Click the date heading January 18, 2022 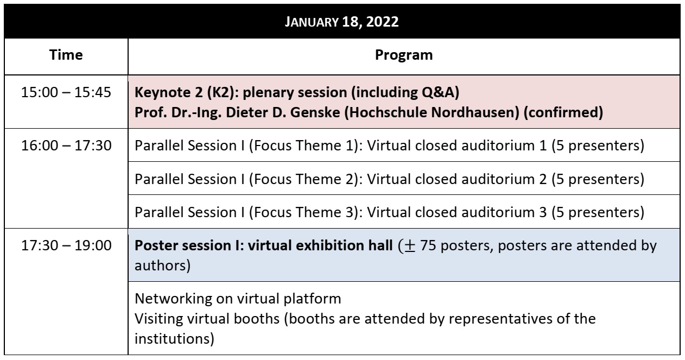tap(341, 22)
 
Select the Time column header tap(66, 55)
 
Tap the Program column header tap(404, 55)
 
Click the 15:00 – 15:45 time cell tap(66, 92)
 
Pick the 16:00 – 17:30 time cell tap(66, 146)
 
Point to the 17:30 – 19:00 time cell tap(66, 245)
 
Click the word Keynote tap(162, 93)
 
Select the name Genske tap(315, 112)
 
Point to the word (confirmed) tap(563, 112)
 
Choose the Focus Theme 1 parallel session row tap(389, 146)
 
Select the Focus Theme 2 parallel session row tap(389, 180)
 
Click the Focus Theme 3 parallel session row tap(389, 212)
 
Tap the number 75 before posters tap(428, 245)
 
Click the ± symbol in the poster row tap(410, 246)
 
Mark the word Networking tap(173, 299)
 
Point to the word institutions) tap(174, 339)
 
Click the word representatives tap(500, 319)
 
